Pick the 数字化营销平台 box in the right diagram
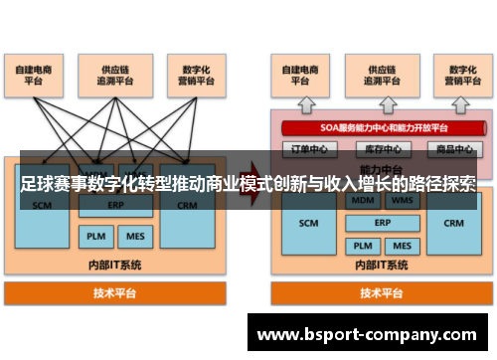(x=452, y=76)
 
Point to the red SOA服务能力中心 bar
(x=377, y=127)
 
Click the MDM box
(x=361, y=200)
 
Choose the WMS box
(x=402, y=200)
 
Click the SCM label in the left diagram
(x=42, y=206)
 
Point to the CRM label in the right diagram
(x=453, y=223)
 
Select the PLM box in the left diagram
(x=94, y=237)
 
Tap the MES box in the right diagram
(x=402, y=245)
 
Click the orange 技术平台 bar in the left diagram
(x=115, y=293)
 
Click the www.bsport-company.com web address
(x=374, y=335)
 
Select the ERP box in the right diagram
(x=382, y=223)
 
